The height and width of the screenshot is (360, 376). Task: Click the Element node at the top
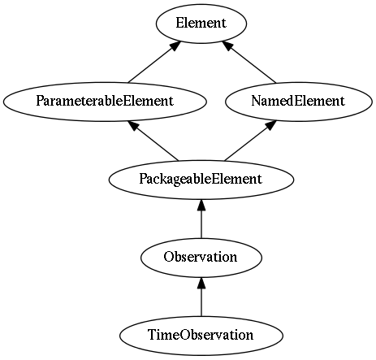pos(201,24)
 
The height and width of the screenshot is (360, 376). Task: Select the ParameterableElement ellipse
pos(105,102)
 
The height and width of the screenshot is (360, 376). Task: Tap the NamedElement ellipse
pos(299,102)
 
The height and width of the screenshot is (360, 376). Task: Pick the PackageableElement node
pos(201,180)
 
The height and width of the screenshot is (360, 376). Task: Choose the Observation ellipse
pos(201,258)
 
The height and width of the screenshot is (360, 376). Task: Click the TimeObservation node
pos(201,336)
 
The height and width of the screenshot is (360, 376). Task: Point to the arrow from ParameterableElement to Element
pos(154,62)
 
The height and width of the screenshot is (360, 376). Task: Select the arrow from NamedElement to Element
pos(249,62)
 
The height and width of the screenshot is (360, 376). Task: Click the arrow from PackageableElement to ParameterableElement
pos(153,141)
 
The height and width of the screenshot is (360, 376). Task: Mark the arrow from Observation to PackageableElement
pos(201,219)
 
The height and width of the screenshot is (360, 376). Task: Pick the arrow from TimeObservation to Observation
pos(201,297)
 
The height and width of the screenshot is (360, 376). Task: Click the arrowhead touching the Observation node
pos(201,283)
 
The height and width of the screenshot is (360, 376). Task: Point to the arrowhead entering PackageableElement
pos(201,205)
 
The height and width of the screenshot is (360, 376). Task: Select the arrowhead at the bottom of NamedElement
pos(271,125)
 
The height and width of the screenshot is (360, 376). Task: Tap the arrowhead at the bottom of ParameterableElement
pos(134,125)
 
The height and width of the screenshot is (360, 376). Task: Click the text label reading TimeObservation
pos(201,335)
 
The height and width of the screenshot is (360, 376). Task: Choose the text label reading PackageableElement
pos(201,180)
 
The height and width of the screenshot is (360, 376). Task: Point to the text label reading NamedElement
pos(298,101)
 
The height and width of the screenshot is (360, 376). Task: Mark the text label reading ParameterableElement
pos(105,101)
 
